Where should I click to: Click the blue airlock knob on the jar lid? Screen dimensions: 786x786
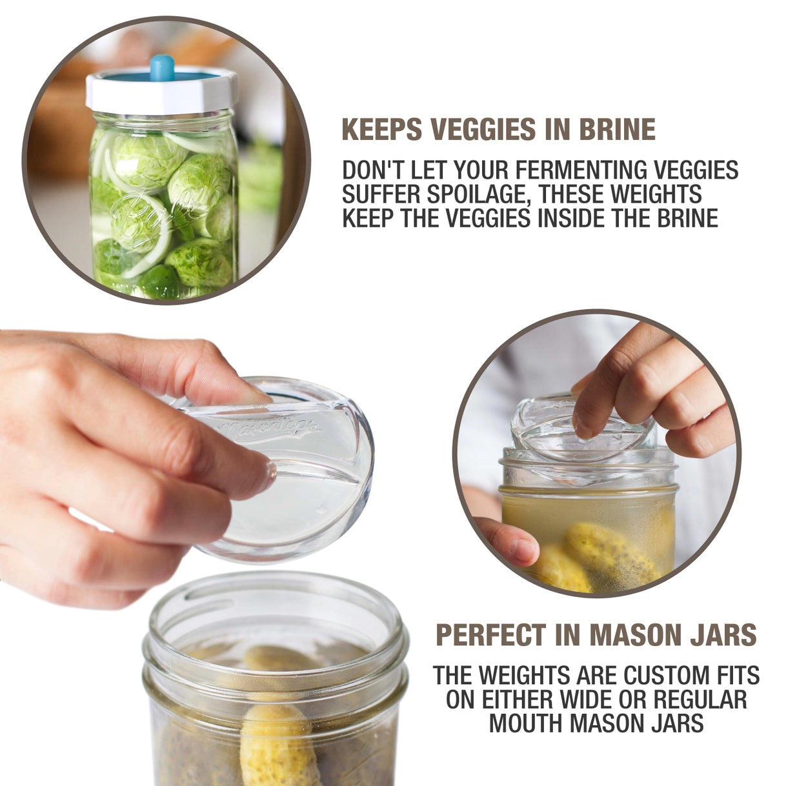(x=162, y=67)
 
